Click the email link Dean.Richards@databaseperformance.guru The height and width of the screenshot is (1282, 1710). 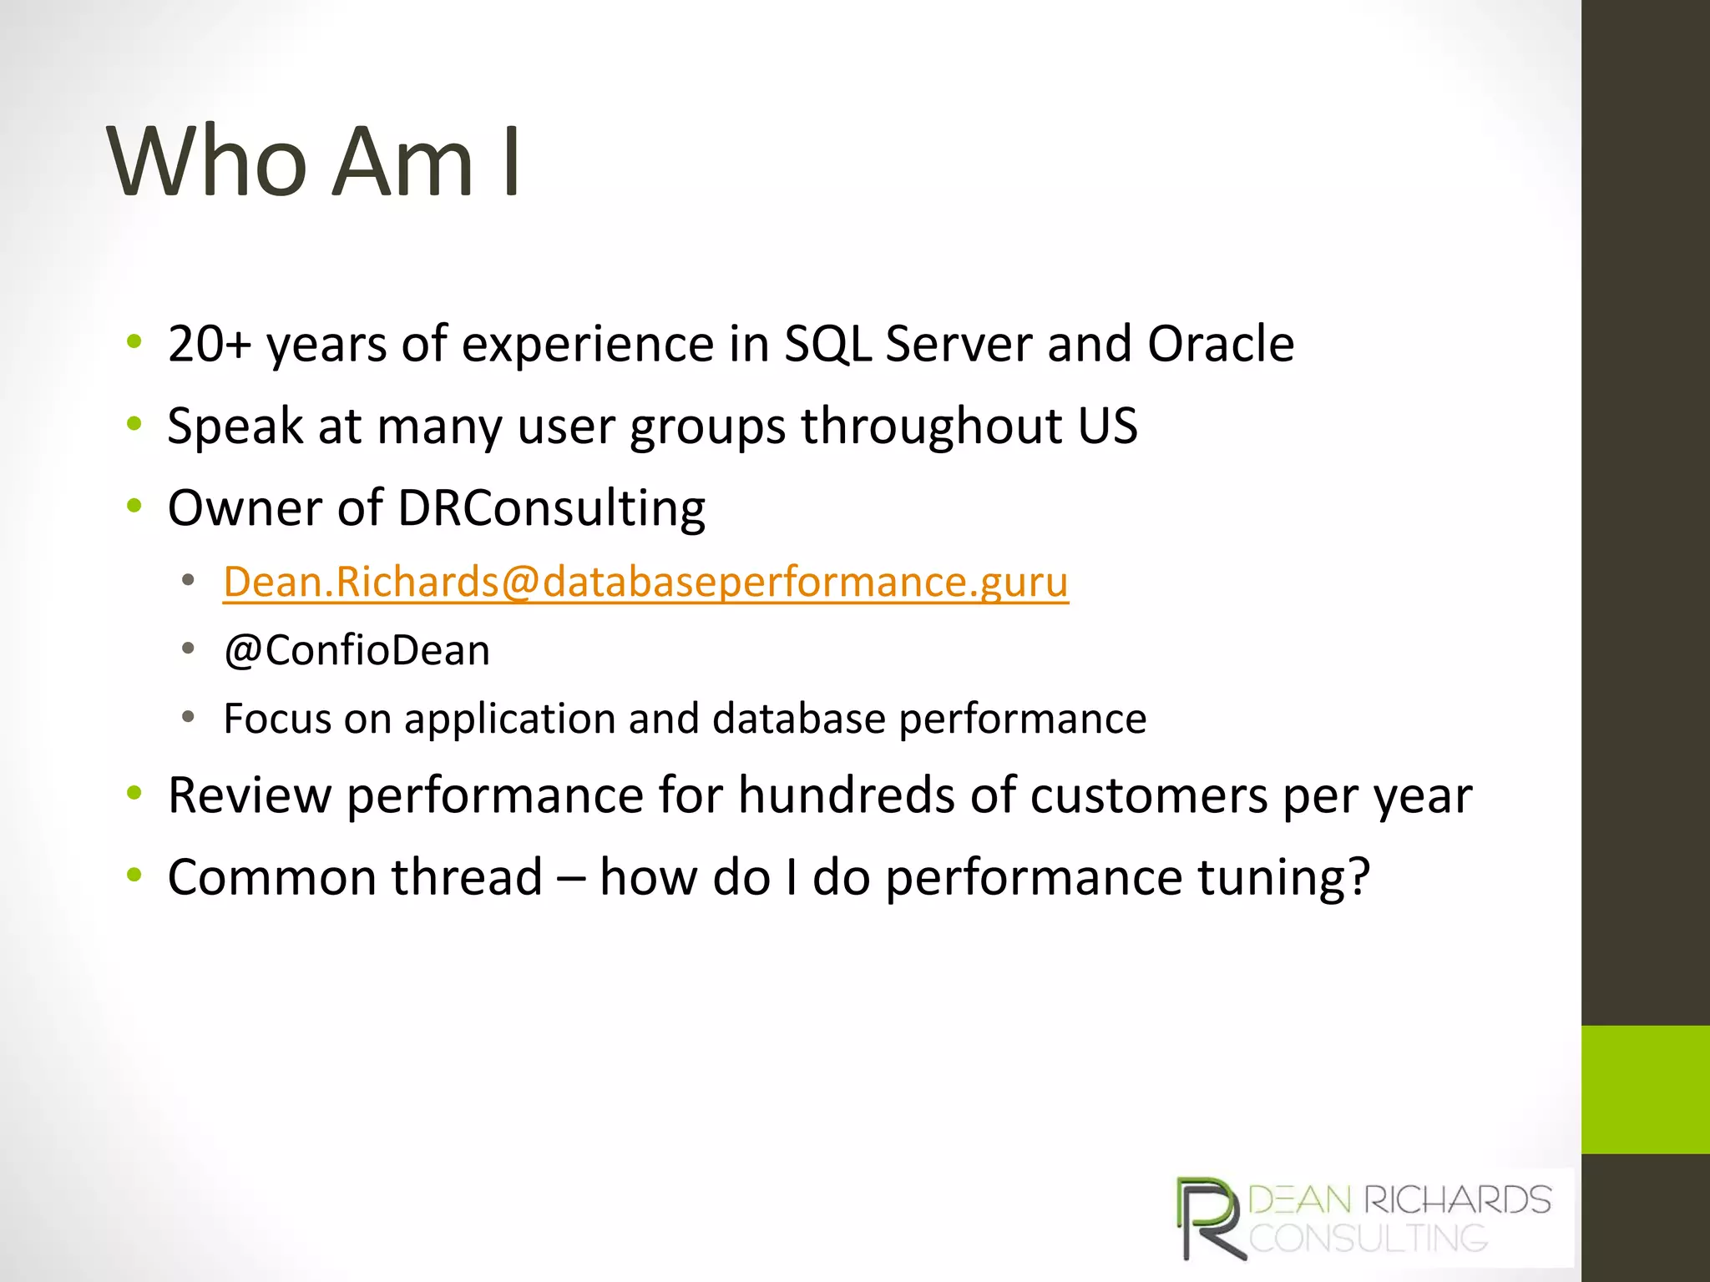click(645, 582)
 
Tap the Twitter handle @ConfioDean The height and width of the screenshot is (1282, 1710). click(357, 650)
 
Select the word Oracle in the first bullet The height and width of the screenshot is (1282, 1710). click(1220, 344)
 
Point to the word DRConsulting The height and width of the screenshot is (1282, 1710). click(551, 508)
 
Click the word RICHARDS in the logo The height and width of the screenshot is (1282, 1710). click(1457, 1200)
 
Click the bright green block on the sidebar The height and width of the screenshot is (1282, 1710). click(1645, 1089)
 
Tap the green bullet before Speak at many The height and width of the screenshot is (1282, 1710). click(134, 424)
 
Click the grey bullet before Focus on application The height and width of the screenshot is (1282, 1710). click(189, 716)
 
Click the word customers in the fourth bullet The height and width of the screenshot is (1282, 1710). click(1149, 795)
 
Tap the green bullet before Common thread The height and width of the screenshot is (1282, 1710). click(134, 876)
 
